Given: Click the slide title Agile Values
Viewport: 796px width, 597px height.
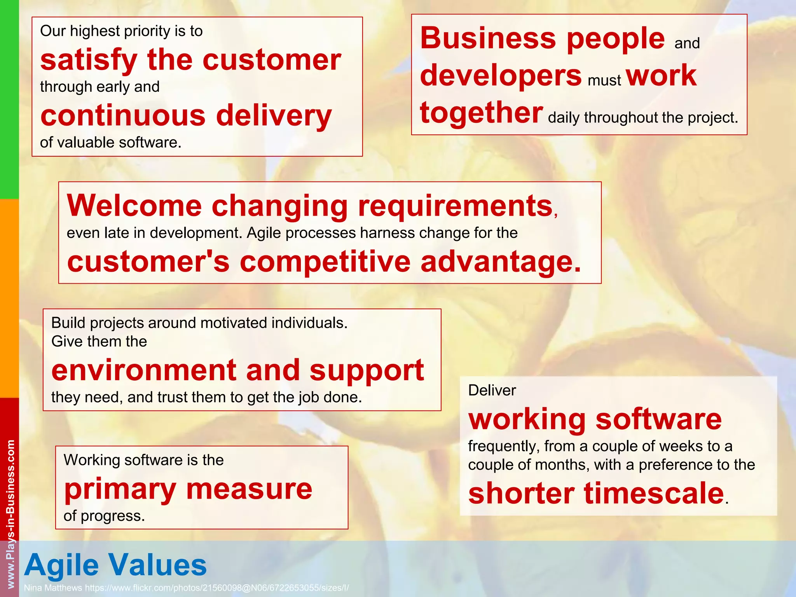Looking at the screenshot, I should point(115,565).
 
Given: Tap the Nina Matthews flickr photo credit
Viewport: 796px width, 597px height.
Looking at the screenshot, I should point(186,588).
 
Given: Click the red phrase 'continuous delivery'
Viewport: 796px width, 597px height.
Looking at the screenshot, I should point(186,116).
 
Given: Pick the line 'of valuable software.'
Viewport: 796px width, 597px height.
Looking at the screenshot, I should point(111,143).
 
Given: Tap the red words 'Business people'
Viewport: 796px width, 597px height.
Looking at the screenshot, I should point(543,38).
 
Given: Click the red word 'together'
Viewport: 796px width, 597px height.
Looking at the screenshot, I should point(481,113).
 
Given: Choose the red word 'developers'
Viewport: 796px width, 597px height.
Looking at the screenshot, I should point(501,75).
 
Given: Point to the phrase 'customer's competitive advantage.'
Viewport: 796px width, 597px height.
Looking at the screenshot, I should point(324,262).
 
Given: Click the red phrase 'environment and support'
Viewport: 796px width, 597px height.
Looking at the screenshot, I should point(237,370).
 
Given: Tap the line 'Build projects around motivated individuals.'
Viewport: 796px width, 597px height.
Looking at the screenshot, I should point(199,323).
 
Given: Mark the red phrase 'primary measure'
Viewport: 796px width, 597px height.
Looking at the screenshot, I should point(188,489).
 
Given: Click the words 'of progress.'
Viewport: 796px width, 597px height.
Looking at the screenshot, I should point(104,516).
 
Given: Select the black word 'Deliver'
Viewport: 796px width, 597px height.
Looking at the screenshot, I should point(492,390).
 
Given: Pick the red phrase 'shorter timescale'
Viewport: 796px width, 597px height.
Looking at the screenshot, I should point(596,493).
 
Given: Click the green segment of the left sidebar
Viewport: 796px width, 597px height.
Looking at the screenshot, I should point(9,99).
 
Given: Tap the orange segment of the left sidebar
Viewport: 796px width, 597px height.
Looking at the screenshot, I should point(9,298).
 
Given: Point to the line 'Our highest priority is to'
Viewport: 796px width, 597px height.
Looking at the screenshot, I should point(121,31).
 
